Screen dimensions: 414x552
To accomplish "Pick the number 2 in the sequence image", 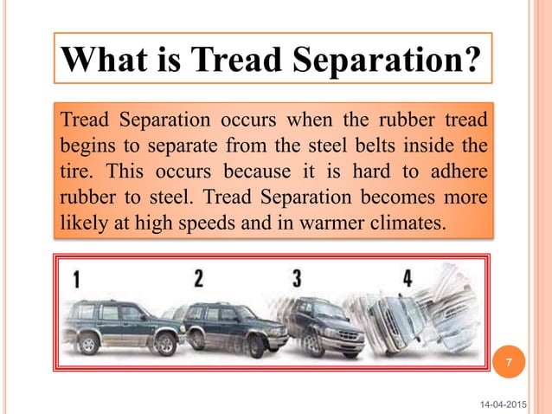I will pyautogui.click(x=198, y=278).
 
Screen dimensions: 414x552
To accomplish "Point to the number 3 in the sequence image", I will pyautogui.click(x=297, y=278).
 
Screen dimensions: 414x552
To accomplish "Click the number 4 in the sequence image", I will pyautogui.click(x=407, y=279).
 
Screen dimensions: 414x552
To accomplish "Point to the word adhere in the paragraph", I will pyautogui.click(x=455, y=170).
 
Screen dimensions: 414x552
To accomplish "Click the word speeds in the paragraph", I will pyautogui.click(x=200, y=223).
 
